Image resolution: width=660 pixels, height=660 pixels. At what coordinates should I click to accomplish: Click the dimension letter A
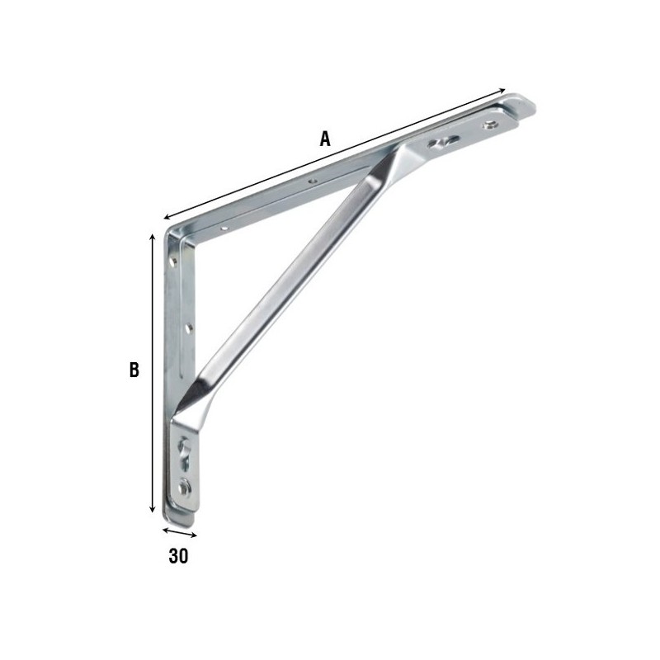(324, 139)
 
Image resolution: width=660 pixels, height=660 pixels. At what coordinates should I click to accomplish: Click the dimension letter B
(134, 370)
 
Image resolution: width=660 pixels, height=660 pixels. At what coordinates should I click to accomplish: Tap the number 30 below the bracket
(178, 556)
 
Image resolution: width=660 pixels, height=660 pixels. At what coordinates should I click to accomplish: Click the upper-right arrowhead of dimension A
(502, 91)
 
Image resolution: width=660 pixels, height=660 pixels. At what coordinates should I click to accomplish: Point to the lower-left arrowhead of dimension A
(167, 217)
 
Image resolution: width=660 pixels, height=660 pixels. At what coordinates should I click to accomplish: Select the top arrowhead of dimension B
(153, 236)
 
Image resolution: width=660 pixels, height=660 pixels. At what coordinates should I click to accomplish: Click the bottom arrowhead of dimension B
(153, 508)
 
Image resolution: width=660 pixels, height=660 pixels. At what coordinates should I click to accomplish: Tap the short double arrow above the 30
(179, 532)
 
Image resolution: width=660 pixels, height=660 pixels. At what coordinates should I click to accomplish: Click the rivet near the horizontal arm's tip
(489, 125)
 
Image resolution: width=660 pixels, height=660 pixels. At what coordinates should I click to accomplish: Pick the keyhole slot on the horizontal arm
(442, 142)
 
